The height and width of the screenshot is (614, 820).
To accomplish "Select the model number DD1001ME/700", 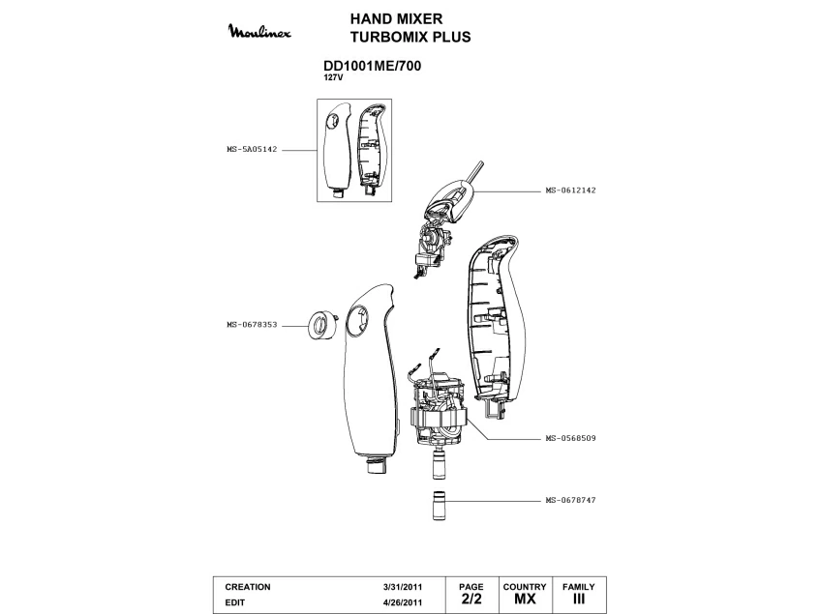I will pyautogui.click(x=370, y=67).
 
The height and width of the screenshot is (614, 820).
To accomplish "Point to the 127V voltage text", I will pyautogui.click(x=332, y=77).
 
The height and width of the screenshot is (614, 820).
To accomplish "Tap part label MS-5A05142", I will pyautogui.click(x=252, y=151).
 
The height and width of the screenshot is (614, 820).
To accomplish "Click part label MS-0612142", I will pyautogui.click(x=570, y=190).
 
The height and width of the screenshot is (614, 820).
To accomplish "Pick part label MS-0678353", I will pyautogui.click(x=252, y=325).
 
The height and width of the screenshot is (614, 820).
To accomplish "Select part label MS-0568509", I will pyautogui.click(x=570, y=438).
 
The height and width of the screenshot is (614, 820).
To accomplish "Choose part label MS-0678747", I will pyautogui.click(x=570, y=500).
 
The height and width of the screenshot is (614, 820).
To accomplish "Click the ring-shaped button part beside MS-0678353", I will pyautogui.click(x=320, y=325).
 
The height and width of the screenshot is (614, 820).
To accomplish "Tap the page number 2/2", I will pyautogui.click(x=471, y=599).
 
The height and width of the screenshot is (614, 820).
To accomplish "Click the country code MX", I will pyautogui.click(x=525, y=599).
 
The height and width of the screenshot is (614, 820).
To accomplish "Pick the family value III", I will pyautogui.click(x=579, y=599).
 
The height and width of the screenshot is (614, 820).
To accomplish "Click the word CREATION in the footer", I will pyautogui.click(x=248, y=587).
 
